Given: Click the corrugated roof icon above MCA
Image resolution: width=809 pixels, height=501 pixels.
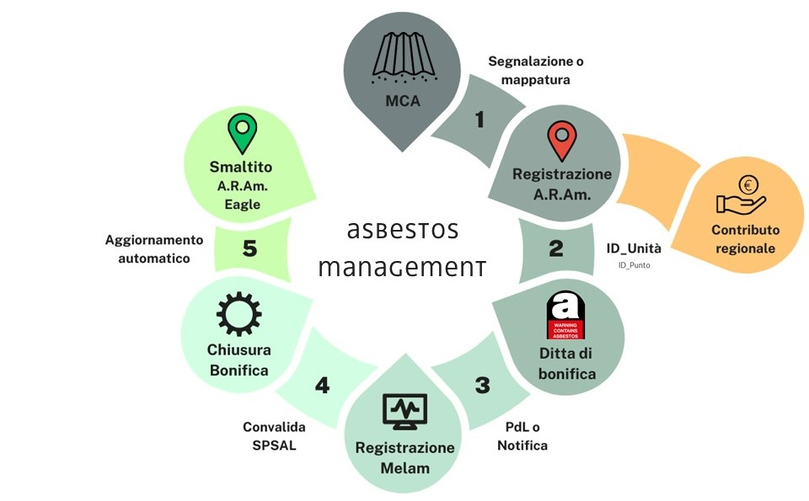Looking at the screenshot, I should click(x=403, y=57).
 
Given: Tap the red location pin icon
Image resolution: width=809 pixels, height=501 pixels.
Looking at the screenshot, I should click(x=560, y=141).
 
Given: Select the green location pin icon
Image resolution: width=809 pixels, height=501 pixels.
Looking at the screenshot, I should click(x=241, y=132).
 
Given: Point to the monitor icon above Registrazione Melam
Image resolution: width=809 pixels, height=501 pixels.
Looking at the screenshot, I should click(x=404, y=412).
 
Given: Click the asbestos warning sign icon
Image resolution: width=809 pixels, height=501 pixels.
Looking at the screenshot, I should click(x=563, y=315).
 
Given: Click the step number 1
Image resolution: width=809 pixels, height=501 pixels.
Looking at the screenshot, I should click(x=480, y=120).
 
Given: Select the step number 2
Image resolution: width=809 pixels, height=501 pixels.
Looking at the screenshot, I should click(x=555, y=248).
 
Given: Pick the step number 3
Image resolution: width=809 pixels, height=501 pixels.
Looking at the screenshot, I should click(x=482, y=386).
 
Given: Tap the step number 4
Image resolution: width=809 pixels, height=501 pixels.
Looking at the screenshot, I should click(x=323, y=386).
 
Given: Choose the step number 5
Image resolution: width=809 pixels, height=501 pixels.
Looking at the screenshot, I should click(x=249, y=248).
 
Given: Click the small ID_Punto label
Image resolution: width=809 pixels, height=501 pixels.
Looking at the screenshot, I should click(x=634, y=265).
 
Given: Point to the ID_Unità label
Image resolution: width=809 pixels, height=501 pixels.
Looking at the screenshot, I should click(x=634, y=248).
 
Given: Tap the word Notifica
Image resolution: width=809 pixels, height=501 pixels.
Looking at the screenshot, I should click(x=522, y=445).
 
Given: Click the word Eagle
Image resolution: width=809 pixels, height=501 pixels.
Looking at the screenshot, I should click(x=241, y=205).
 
